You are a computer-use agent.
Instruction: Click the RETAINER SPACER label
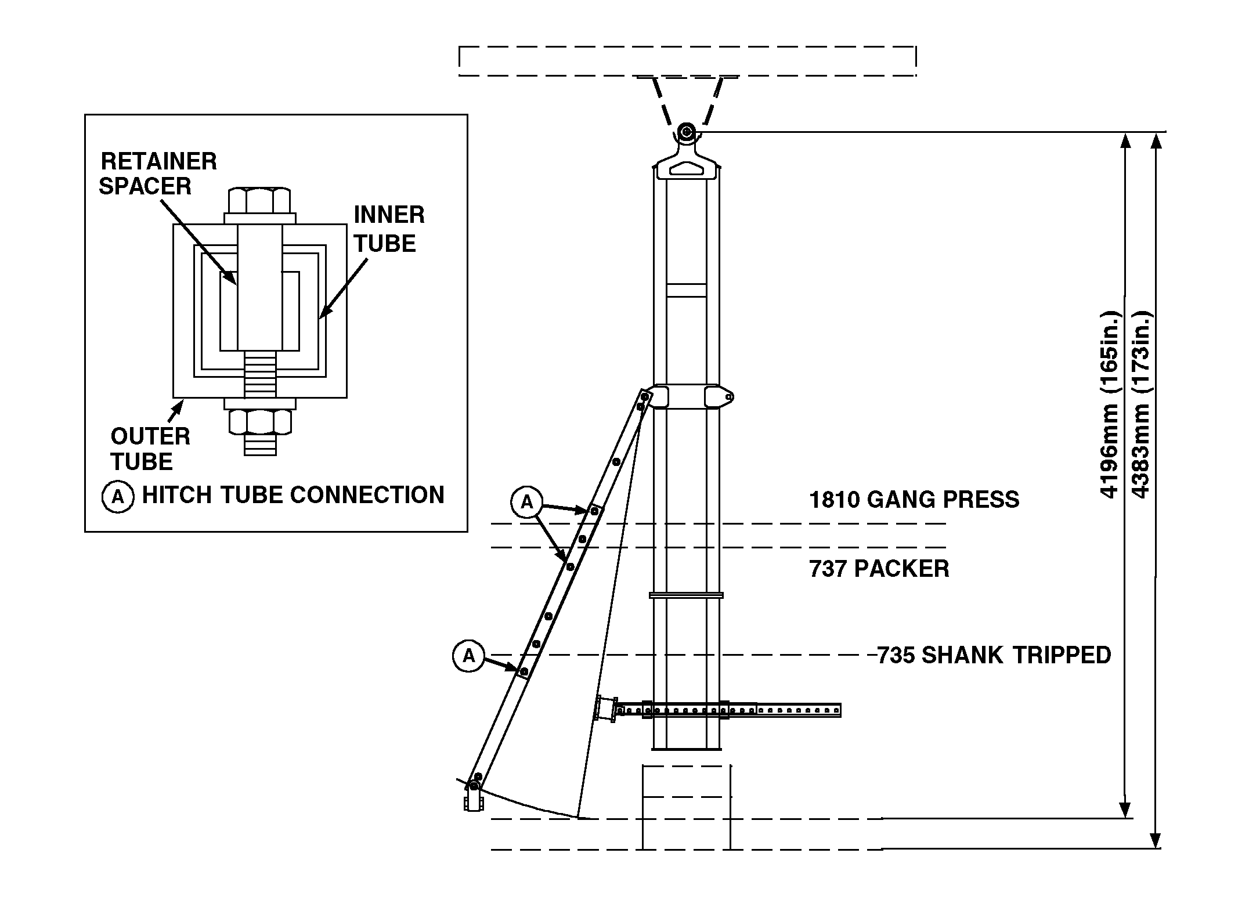click(158, 173)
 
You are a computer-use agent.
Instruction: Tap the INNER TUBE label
click(388, 229)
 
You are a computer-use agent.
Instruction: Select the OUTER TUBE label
click(150, 449)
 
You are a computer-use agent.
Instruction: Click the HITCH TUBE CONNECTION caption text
click(293, 495)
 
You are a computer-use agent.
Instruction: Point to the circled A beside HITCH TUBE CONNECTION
click(118, 497)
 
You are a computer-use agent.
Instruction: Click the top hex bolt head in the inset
click(259, 200)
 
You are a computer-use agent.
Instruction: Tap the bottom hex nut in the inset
click(259, 421)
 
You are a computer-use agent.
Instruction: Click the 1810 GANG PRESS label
click(914, 500)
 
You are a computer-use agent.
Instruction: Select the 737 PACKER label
click(879, 569)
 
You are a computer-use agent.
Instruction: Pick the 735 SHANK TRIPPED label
click(994, 655)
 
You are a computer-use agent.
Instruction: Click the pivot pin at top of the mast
click(687, 132)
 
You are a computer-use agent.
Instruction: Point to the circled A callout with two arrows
click(526, 502)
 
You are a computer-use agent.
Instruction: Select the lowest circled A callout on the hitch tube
click(468, 656)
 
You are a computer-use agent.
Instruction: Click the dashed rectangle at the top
click(687, 61)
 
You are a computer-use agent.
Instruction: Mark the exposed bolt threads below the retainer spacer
click(260, 375)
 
